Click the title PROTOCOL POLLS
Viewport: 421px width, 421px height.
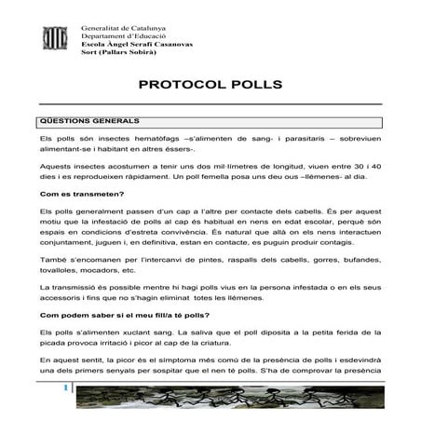click(210, 85)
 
